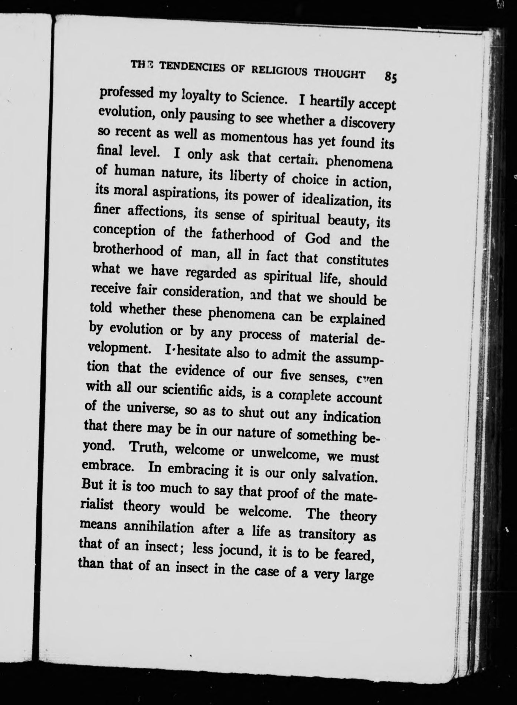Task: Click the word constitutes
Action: (357, 260)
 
